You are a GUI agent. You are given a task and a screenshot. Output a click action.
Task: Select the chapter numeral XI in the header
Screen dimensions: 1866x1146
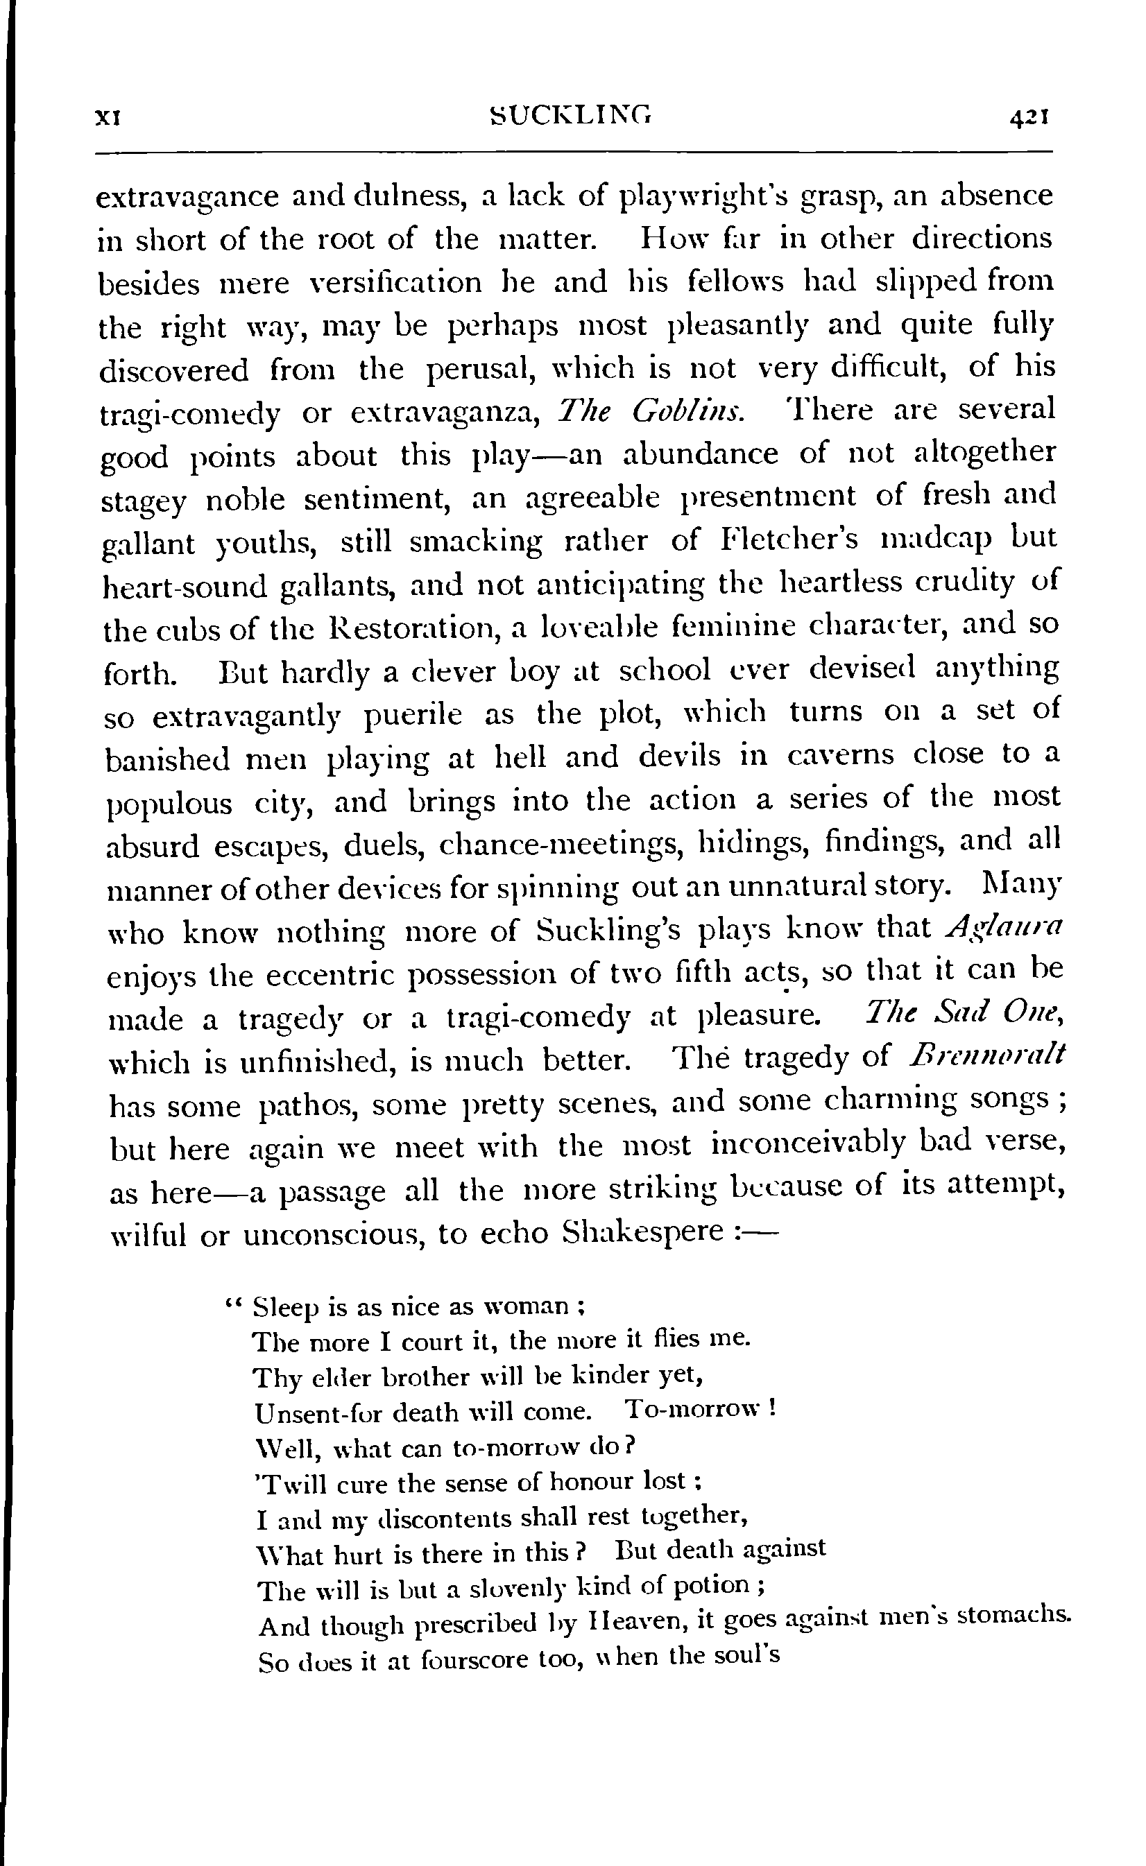coord(109,118)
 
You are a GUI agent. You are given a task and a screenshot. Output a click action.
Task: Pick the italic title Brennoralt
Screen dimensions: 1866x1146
coord(986,1055)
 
